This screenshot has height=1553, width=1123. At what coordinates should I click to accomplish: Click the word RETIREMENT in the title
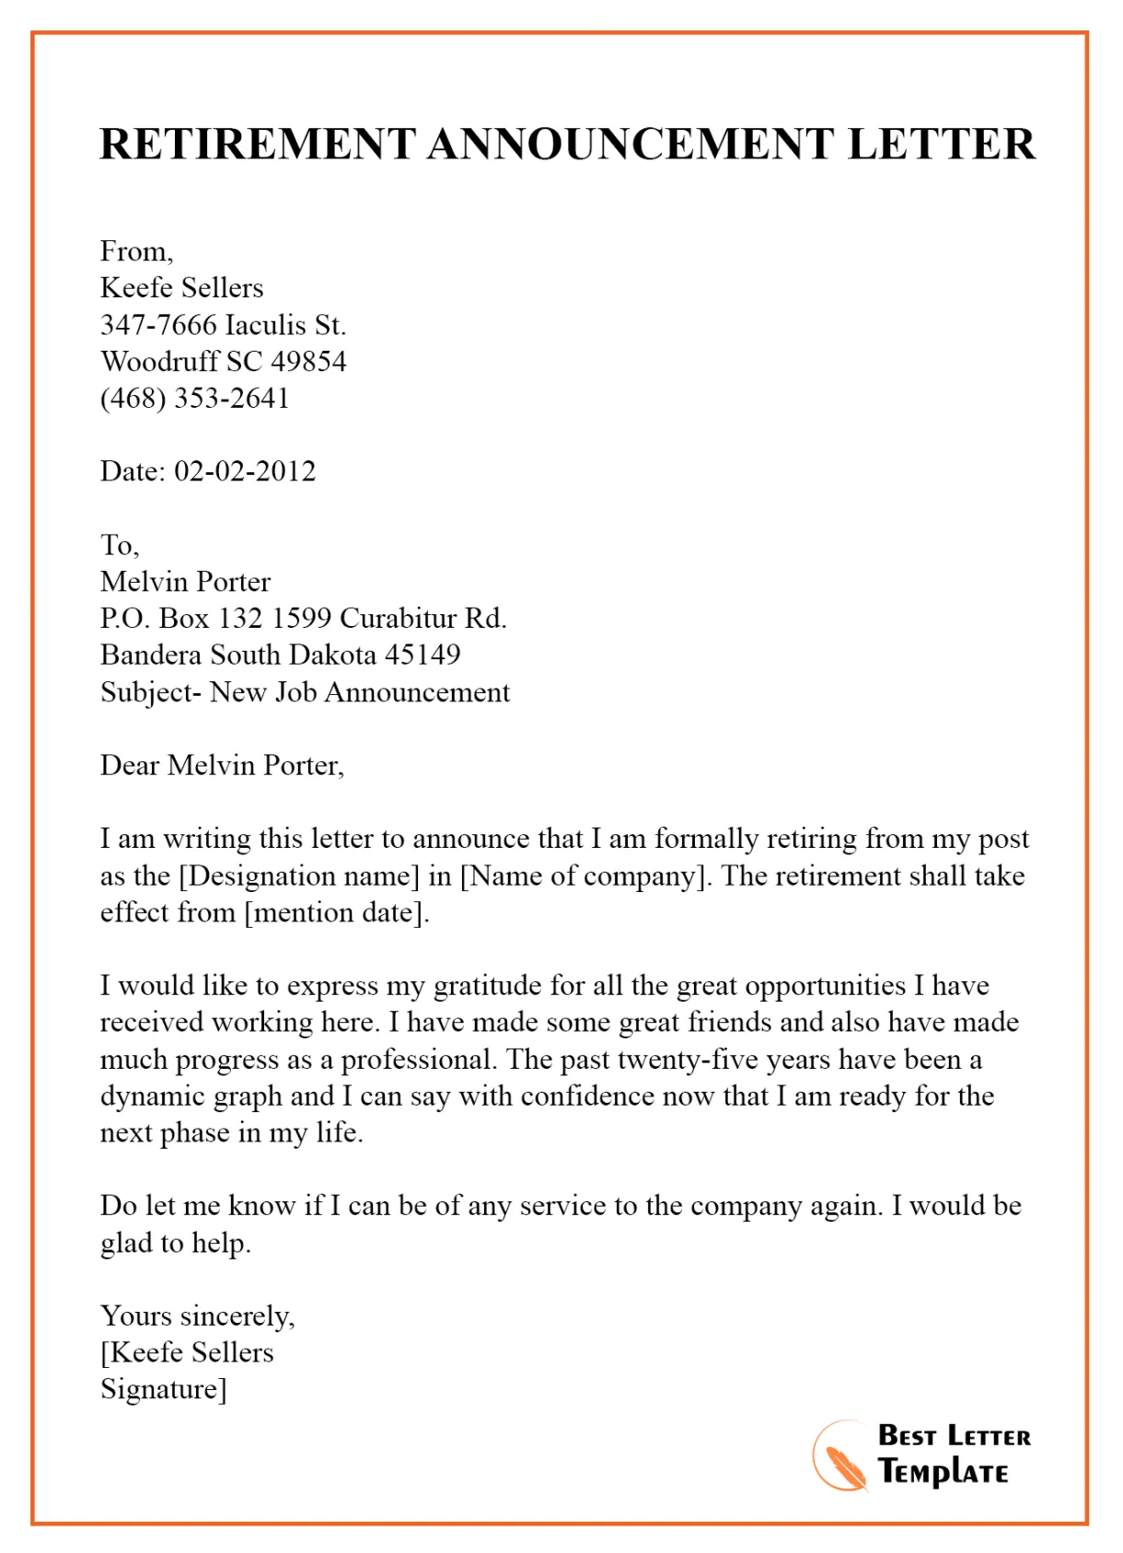click(x=258, y=145)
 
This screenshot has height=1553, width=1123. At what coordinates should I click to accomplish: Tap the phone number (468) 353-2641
click(x=195, y=398)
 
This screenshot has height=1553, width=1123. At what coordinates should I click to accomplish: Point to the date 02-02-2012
click(x=245, y=471)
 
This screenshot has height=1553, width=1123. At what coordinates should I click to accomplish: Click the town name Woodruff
click(x=159, y=361)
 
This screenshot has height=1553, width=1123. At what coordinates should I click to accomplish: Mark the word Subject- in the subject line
click(x=151, y=692)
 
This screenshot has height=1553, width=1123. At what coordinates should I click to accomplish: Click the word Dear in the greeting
click(x=130, y=765)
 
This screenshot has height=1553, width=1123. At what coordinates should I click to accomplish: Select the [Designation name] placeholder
click(x=299, y=875)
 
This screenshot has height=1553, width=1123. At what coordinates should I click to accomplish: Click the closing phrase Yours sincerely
click(x=197, y=1316)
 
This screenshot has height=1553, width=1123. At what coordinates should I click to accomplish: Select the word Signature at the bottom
click(x=160, y=1389)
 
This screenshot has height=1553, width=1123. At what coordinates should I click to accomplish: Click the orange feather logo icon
click(x=840, y=1457)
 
